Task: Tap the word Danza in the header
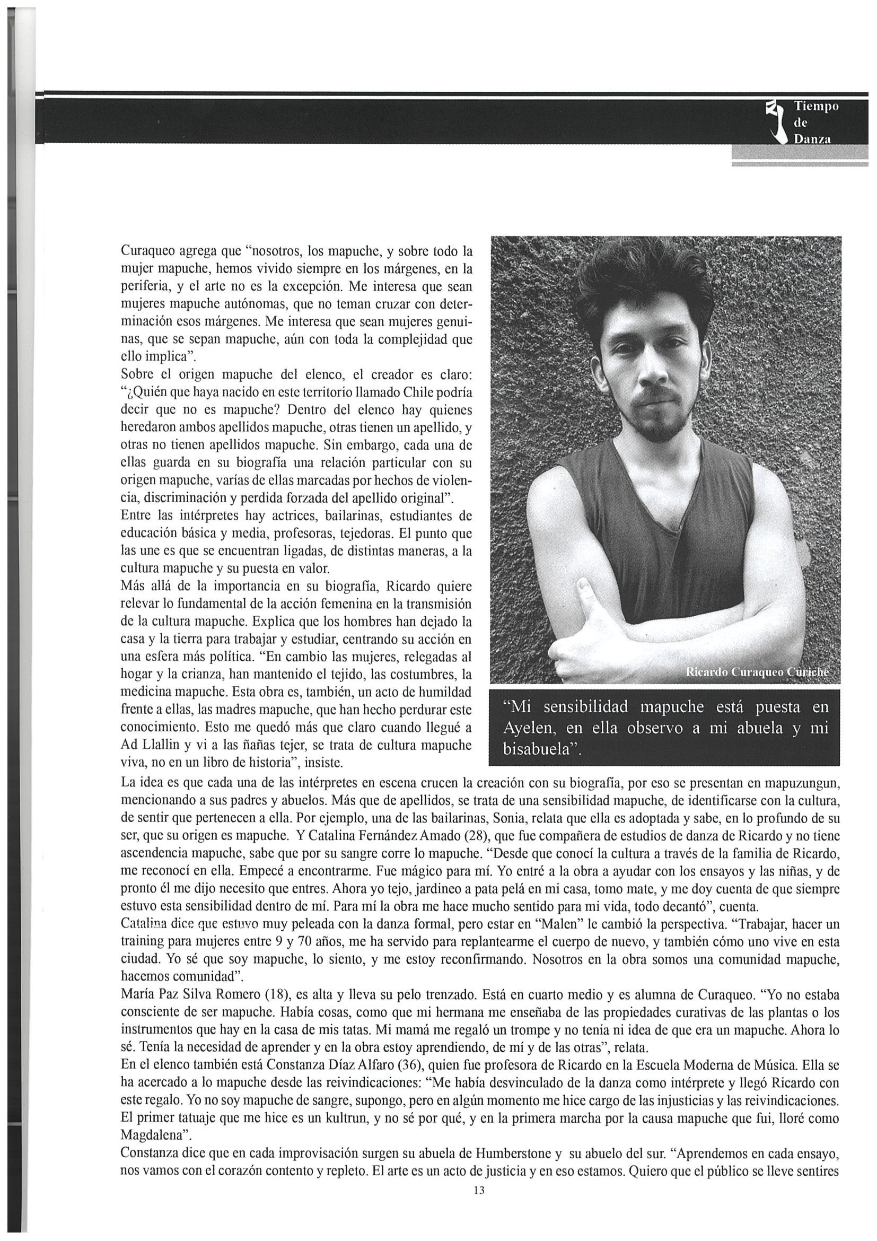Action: (x=811, y=139)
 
